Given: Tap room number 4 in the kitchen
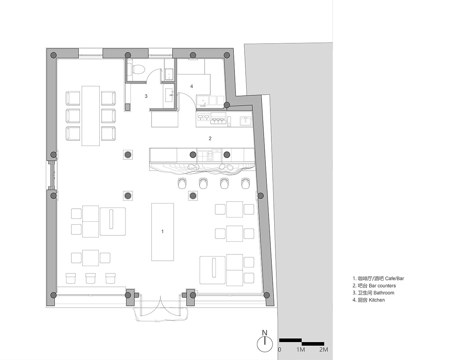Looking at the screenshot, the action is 192,86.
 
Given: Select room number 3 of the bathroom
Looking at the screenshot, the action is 146,96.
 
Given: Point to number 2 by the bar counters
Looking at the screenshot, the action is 210,138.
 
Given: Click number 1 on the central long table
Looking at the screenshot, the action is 162,232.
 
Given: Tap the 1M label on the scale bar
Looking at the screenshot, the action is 301,349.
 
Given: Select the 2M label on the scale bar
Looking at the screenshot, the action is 323,349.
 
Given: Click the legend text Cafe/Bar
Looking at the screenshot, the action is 394,279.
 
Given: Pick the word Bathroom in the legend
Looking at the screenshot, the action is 384,293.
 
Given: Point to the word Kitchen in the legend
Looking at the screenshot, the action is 377,300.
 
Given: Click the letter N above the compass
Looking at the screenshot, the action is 265,333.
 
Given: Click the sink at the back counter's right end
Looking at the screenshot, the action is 245,121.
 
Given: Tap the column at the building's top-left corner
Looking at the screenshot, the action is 53,55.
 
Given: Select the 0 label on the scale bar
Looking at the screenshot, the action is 280,349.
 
